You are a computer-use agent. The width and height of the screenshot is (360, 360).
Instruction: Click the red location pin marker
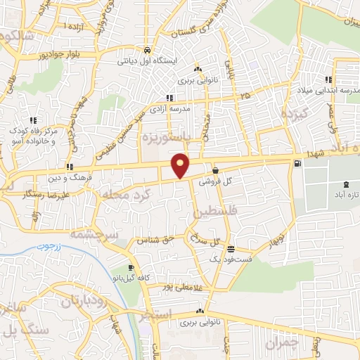pos(181,165)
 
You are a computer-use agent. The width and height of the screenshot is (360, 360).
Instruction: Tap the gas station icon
pos(298,164)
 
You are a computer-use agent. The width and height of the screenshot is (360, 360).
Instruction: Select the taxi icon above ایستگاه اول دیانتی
pos(146,51)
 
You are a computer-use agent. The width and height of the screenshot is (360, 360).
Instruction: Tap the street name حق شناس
pos(158,240)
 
